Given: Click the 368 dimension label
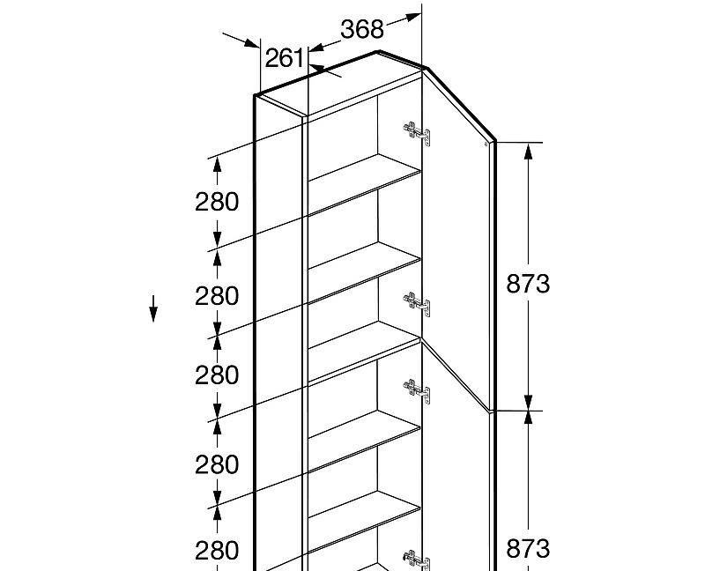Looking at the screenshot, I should (362, 29).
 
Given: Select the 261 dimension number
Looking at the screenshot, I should (285, 58).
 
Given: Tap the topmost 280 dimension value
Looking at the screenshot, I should (217, 202).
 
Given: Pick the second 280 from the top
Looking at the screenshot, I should (217, 296).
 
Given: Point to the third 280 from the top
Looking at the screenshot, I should (217, 375).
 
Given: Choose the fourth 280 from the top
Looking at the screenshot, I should (217, 464).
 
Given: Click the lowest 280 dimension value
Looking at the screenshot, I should (217, 551).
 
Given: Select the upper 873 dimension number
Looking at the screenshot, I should (528, 284).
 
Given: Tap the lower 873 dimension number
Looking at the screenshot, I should (528, 549).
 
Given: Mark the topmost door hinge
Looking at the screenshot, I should (417, 133).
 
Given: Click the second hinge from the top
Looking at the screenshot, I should (417, 304).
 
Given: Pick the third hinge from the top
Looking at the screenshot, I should (417, 390).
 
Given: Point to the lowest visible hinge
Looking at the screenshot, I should (417, 560).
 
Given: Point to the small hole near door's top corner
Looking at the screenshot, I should (487, 141).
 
